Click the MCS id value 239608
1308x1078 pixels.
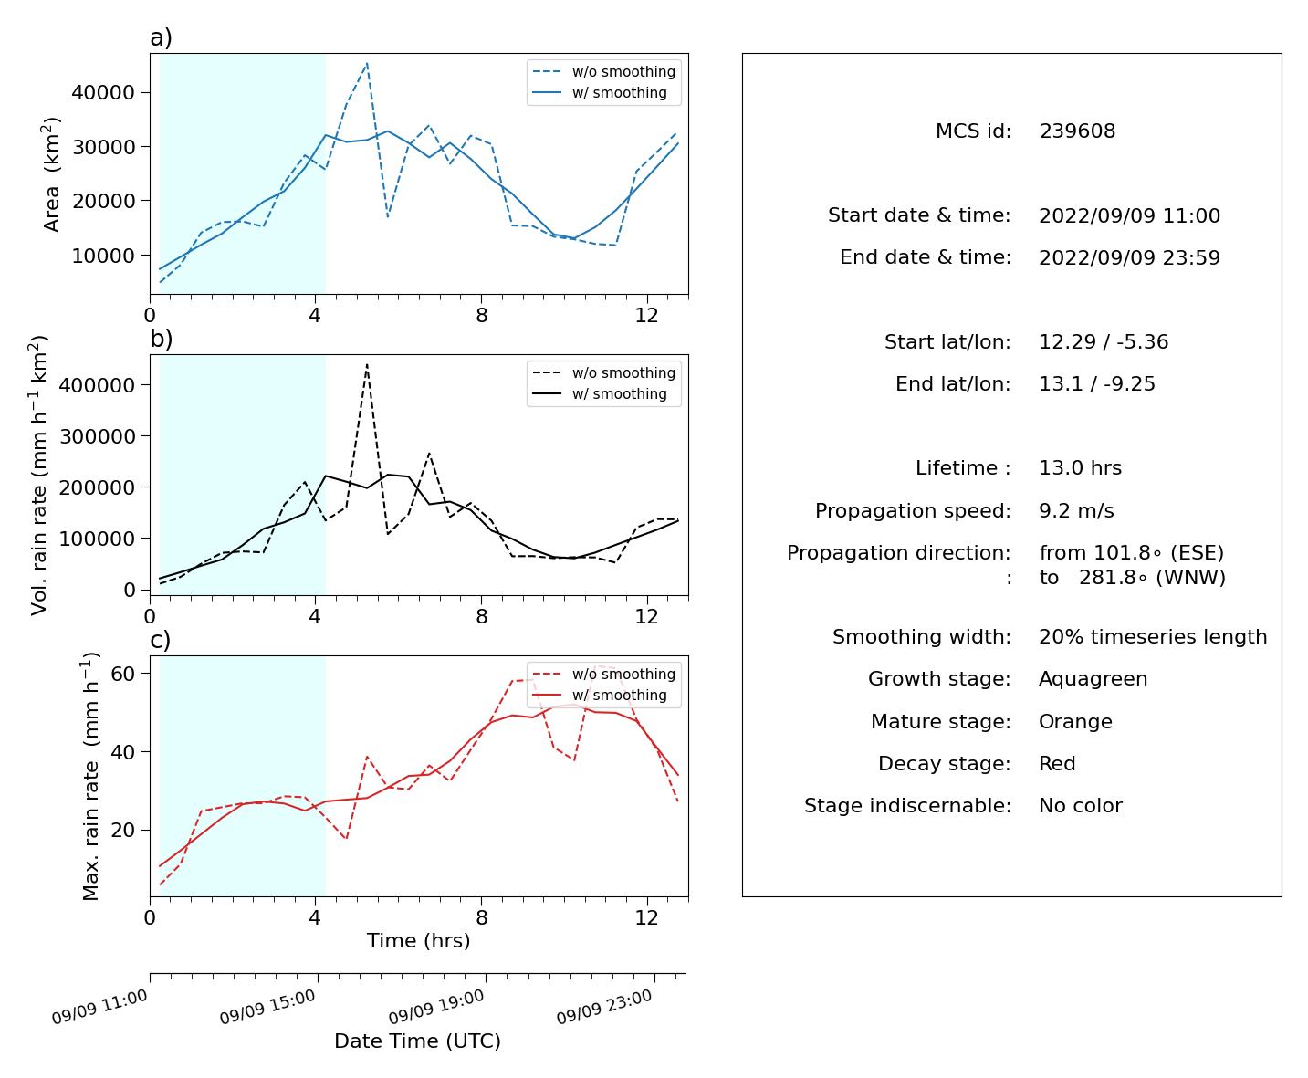pyautogui.click(x=1077, y=131)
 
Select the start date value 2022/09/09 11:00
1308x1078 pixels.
pyautogui.click(x=1129, y=215)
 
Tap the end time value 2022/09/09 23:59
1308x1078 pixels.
pyautogui.click(x=1129, y=257)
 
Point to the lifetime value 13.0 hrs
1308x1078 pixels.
pyautogui.click(x=1080, y=468)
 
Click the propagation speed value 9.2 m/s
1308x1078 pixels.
pyautogui.click(x=1076, y=510)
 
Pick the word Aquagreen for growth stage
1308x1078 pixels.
pyautogui.click(x=1093, y=679)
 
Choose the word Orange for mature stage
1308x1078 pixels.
pyautogui.click(x=1075, y=722)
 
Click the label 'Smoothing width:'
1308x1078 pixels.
pyautogui.click(x=921, y=637)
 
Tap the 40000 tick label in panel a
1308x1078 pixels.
pyautogui.click(x=103, y=93)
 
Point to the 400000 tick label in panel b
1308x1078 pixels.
pyautogui.click(x=97, y=385)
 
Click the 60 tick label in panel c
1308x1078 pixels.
pyautogui.click(x=123, y=674)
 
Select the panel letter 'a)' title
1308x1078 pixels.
pyautogui.click(x=161, y=37)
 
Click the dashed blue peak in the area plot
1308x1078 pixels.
pyautogui.click(x=366, y=63)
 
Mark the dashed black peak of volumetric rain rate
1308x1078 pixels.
pyautogui.click(x=366, y=364)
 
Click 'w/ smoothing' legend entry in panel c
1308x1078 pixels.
pyautogui.click(x=619, y=696)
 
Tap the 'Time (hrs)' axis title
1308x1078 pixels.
pyautogui.click(x=418, y=941)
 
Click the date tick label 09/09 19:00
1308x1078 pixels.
pyautogui.click(x=436, y=1007)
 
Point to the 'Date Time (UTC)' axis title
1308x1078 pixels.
pyautogui.click(x=418, y=1041)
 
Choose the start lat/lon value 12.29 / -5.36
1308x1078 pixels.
pyautogui.click(x=1104, y=342)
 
